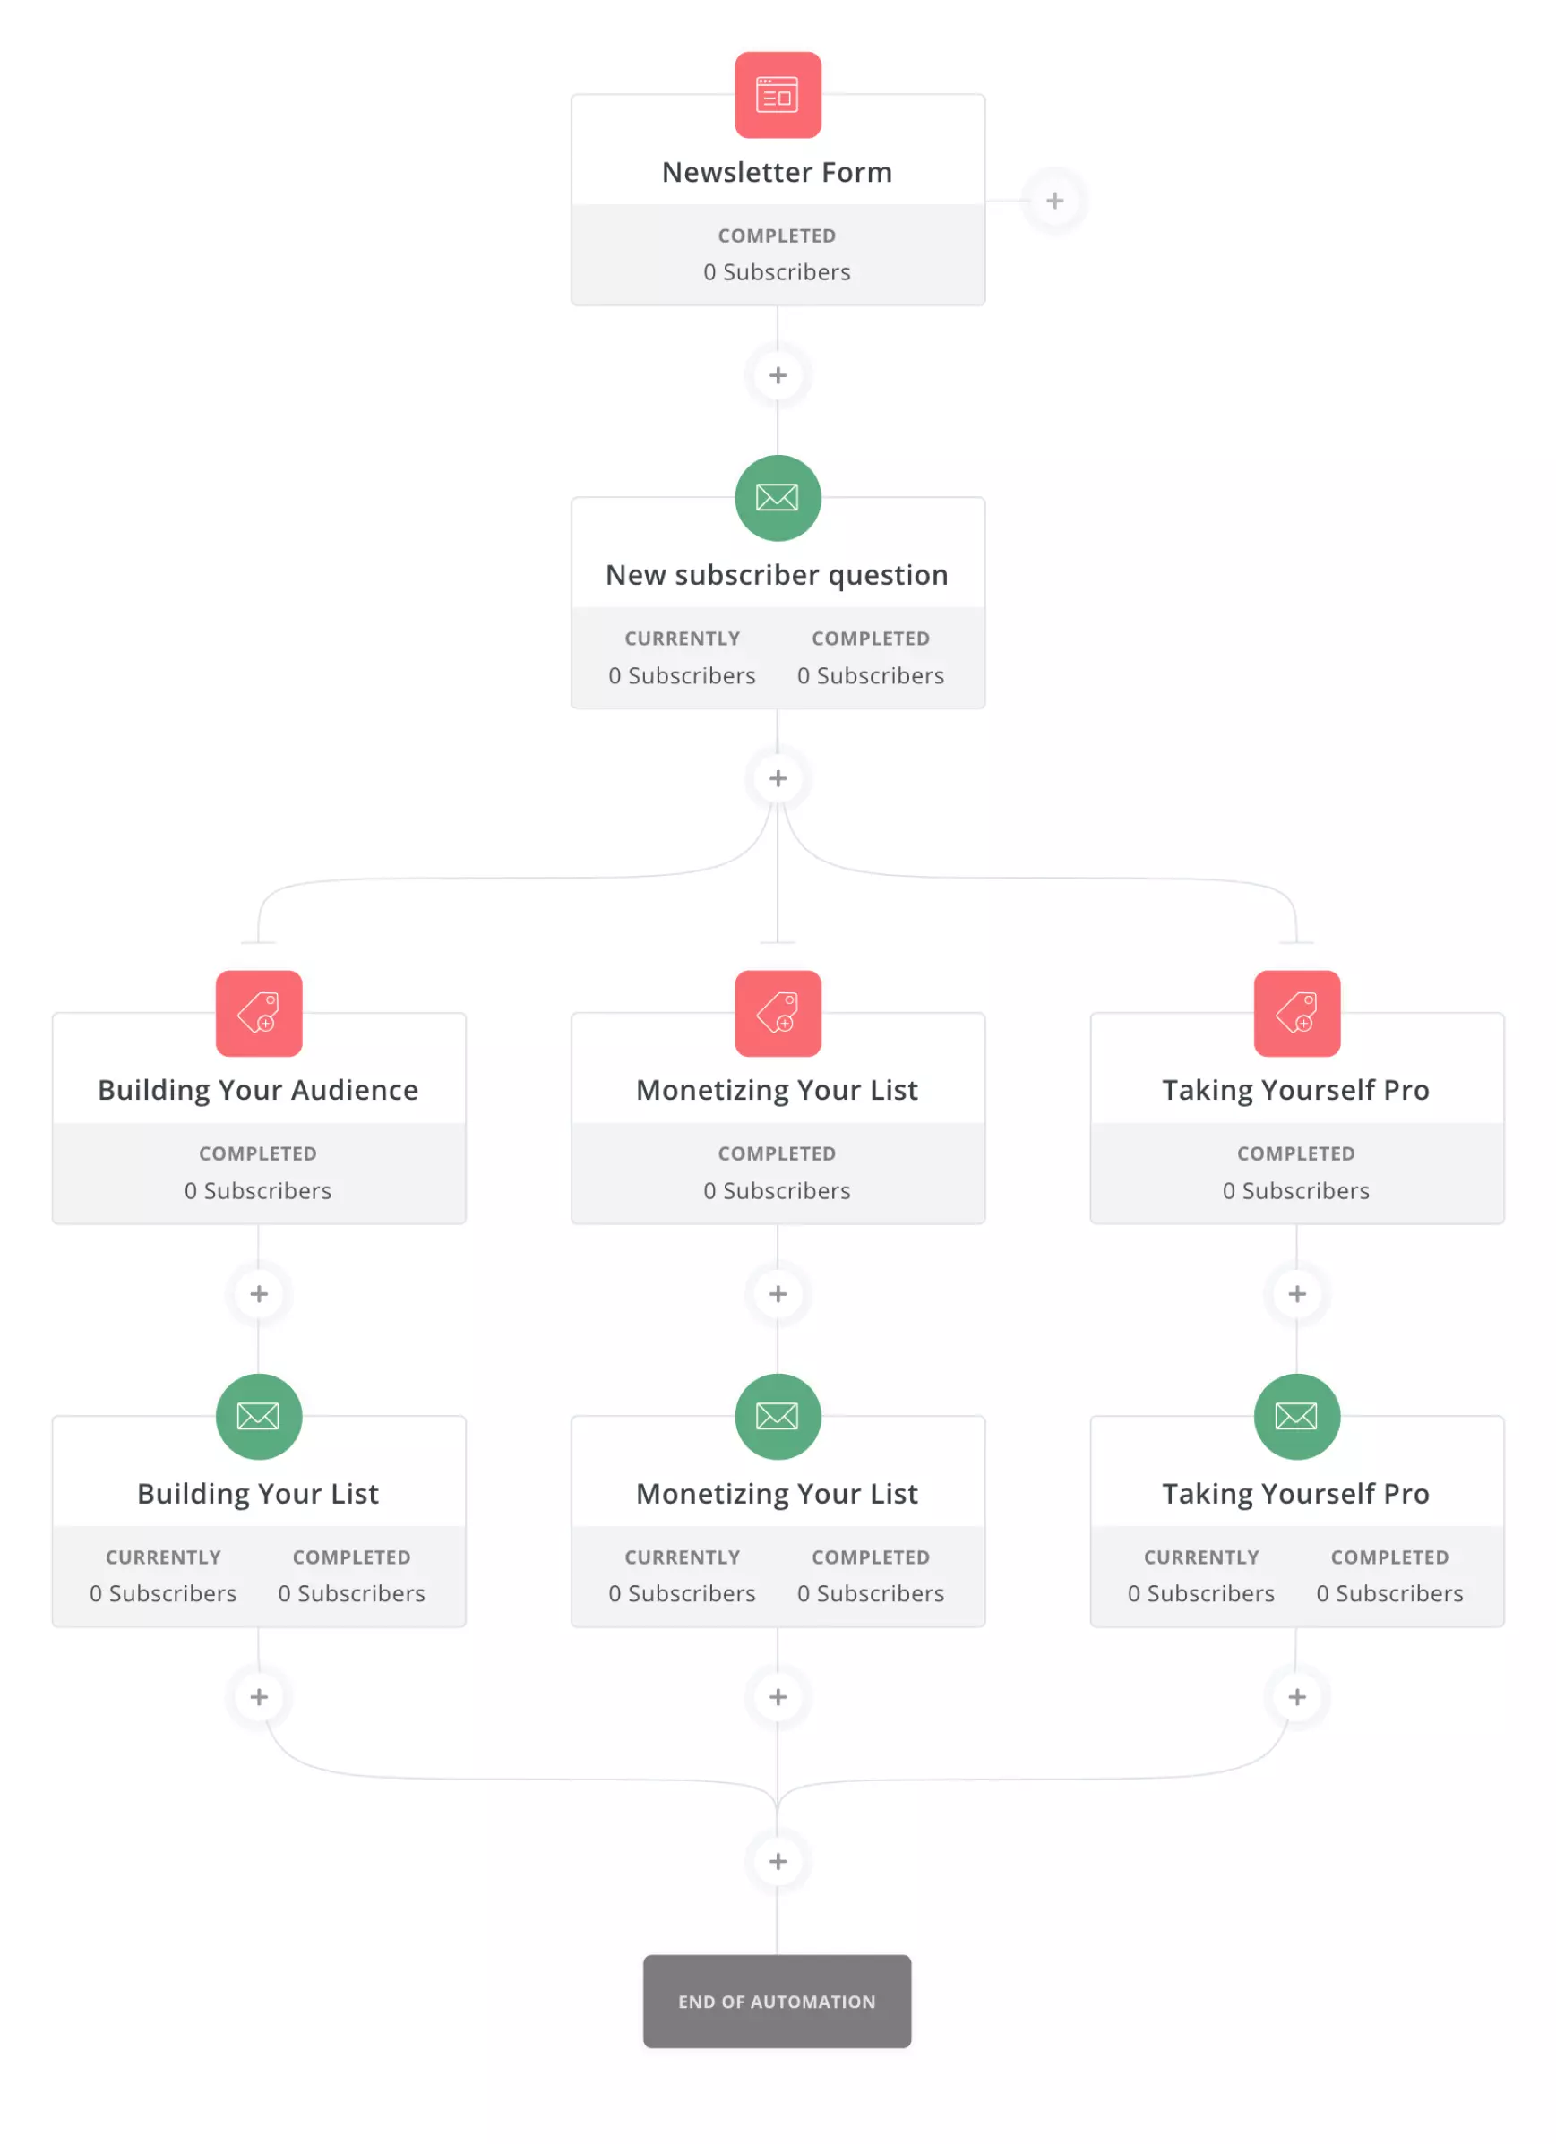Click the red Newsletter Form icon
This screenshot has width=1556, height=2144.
click(x=777, y=95)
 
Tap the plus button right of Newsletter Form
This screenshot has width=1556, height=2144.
click(x=1054, y=201)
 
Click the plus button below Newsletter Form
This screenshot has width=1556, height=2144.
click(x=777, y=375)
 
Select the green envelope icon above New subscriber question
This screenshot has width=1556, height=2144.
click(x=777, y=497)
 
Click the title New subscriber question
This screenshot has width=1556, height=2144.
click(x=777, y=575)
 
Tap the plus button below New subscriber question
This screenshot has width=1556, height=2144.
click(x=777, y=778)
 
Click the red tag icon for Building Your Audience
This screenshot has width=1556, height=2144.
click(x=258, y=1012)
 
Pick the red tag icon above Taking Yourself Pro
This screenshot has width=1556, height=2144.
click(x=1296, y=1012)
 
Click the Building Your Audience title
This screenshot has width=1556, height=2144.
click(x=258, y=1090)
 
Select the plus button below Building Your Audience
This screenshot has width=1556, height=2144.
click(x=258, y=1293)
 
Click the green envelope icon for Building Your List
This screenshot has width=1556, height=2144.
click(x=258, y=1415)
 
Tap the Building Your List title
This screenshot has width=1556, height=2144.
click(x=258, y=1493)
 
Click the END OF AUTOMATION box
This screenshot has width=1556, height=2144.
click(x=777, y=2001)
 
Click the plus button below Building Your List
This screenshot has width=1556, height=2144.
click(x=258, y=1696)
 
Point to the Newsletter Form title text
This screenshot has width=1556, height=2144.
click(x=777, y=172)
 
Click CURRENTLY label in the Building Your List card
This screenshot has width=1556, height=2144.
click(x=164, y=1556)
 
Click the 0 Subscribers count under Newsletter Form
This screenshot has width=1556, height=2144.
click(x=777, y=272)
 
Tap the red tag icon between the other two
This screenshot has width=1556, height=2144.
click(x=777, y=1012)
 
